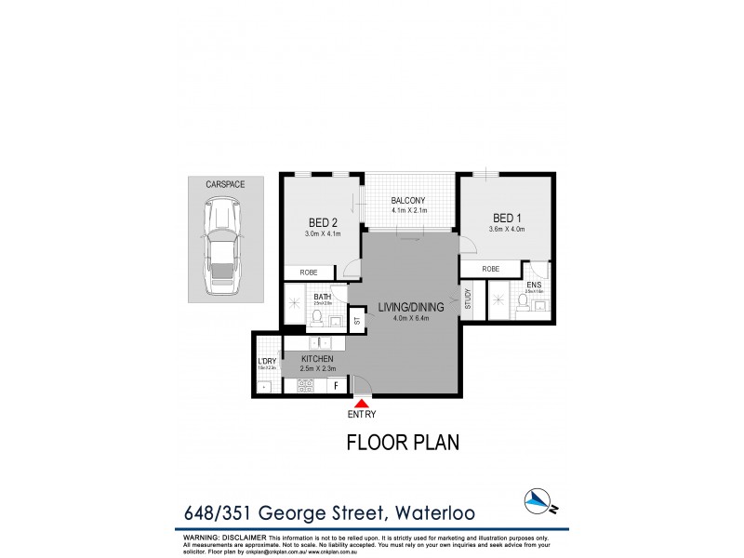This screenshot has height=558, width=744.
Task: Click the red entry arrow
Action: pos(360,402)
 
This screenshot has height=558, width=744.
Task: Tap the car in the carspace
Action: pos(223,250)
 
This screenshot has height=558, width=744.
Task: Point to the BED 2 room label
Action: pos(323,222)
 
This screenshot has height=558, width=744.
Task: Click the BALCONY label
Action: pos(408,200)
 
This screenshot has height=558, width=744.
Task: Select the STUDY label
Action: pos(469,299)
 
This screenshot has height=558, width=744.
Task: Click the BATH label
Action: pos(323,297)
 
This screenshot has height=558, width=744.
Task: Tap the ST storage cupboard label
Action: pos(356,321)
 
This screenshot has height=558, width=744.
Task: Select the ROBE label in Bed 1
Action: pos(490,269)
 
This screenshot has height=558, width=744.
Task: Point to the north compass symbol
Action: pos(537,499)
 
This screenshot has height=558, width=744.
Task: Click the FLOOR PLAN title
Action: pos(403,444)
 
